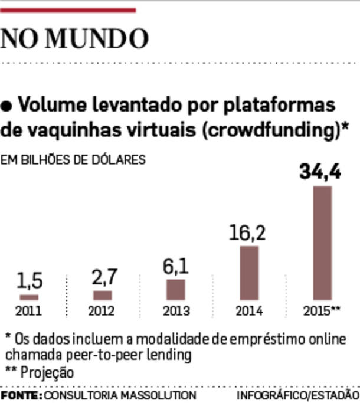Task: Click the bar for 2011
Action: (x=29, y=297)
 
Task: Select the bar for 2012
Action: (x=102, y=295)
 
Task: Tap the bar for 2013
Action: (x=175, y=290)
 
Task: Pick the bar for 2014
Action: (x=249, y=273)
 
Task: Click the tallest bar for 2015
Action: (x=322, y=243)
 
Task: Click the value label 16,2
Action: (x=247, y=232)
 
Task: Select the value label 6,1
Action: (x=176, y=267)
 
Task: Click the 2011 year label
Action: (x=29, y=312)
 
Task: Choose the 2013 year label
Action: (x=176, y=312)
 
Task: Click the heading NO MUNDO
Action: (x=74, y=38)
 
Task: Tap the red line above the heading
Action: (x=68, y=10)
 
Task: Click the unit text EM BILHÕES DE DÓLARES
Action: (x=73, y=160)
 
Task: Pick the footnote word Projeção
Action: (x=48, y=372)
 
